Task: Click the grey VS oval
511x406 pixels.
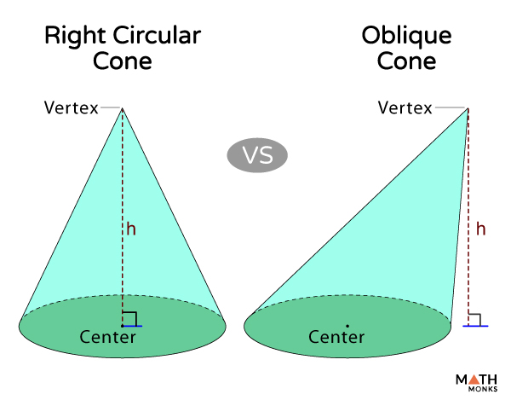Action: click(x=257, y=155)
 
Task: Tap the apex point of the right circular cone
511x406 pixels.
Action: click(x=123, y=109)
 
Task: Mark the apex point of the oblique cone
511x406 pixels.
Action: click(x=468, y=109)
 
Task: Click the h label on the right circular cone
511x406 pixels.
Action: click(x=131, y=229)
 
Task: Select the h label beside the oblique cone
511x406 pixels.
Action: click(x=481, y=229)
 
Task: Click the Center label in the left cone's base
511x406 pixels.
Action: click(x=108, y=337)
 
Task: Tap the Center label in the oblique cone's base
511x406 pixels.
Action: click(x=336, y=338)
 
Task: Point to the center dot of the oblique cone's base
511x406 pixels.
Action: click(x=347, y=325)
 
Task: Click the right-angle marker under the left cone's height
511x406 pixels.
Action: click(x=129, y=318)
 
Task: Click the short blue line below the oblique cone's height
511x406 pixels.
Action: click(x=475, y=326)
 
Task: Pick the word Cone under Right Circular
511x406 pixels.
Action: click(x=123, y=62)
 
